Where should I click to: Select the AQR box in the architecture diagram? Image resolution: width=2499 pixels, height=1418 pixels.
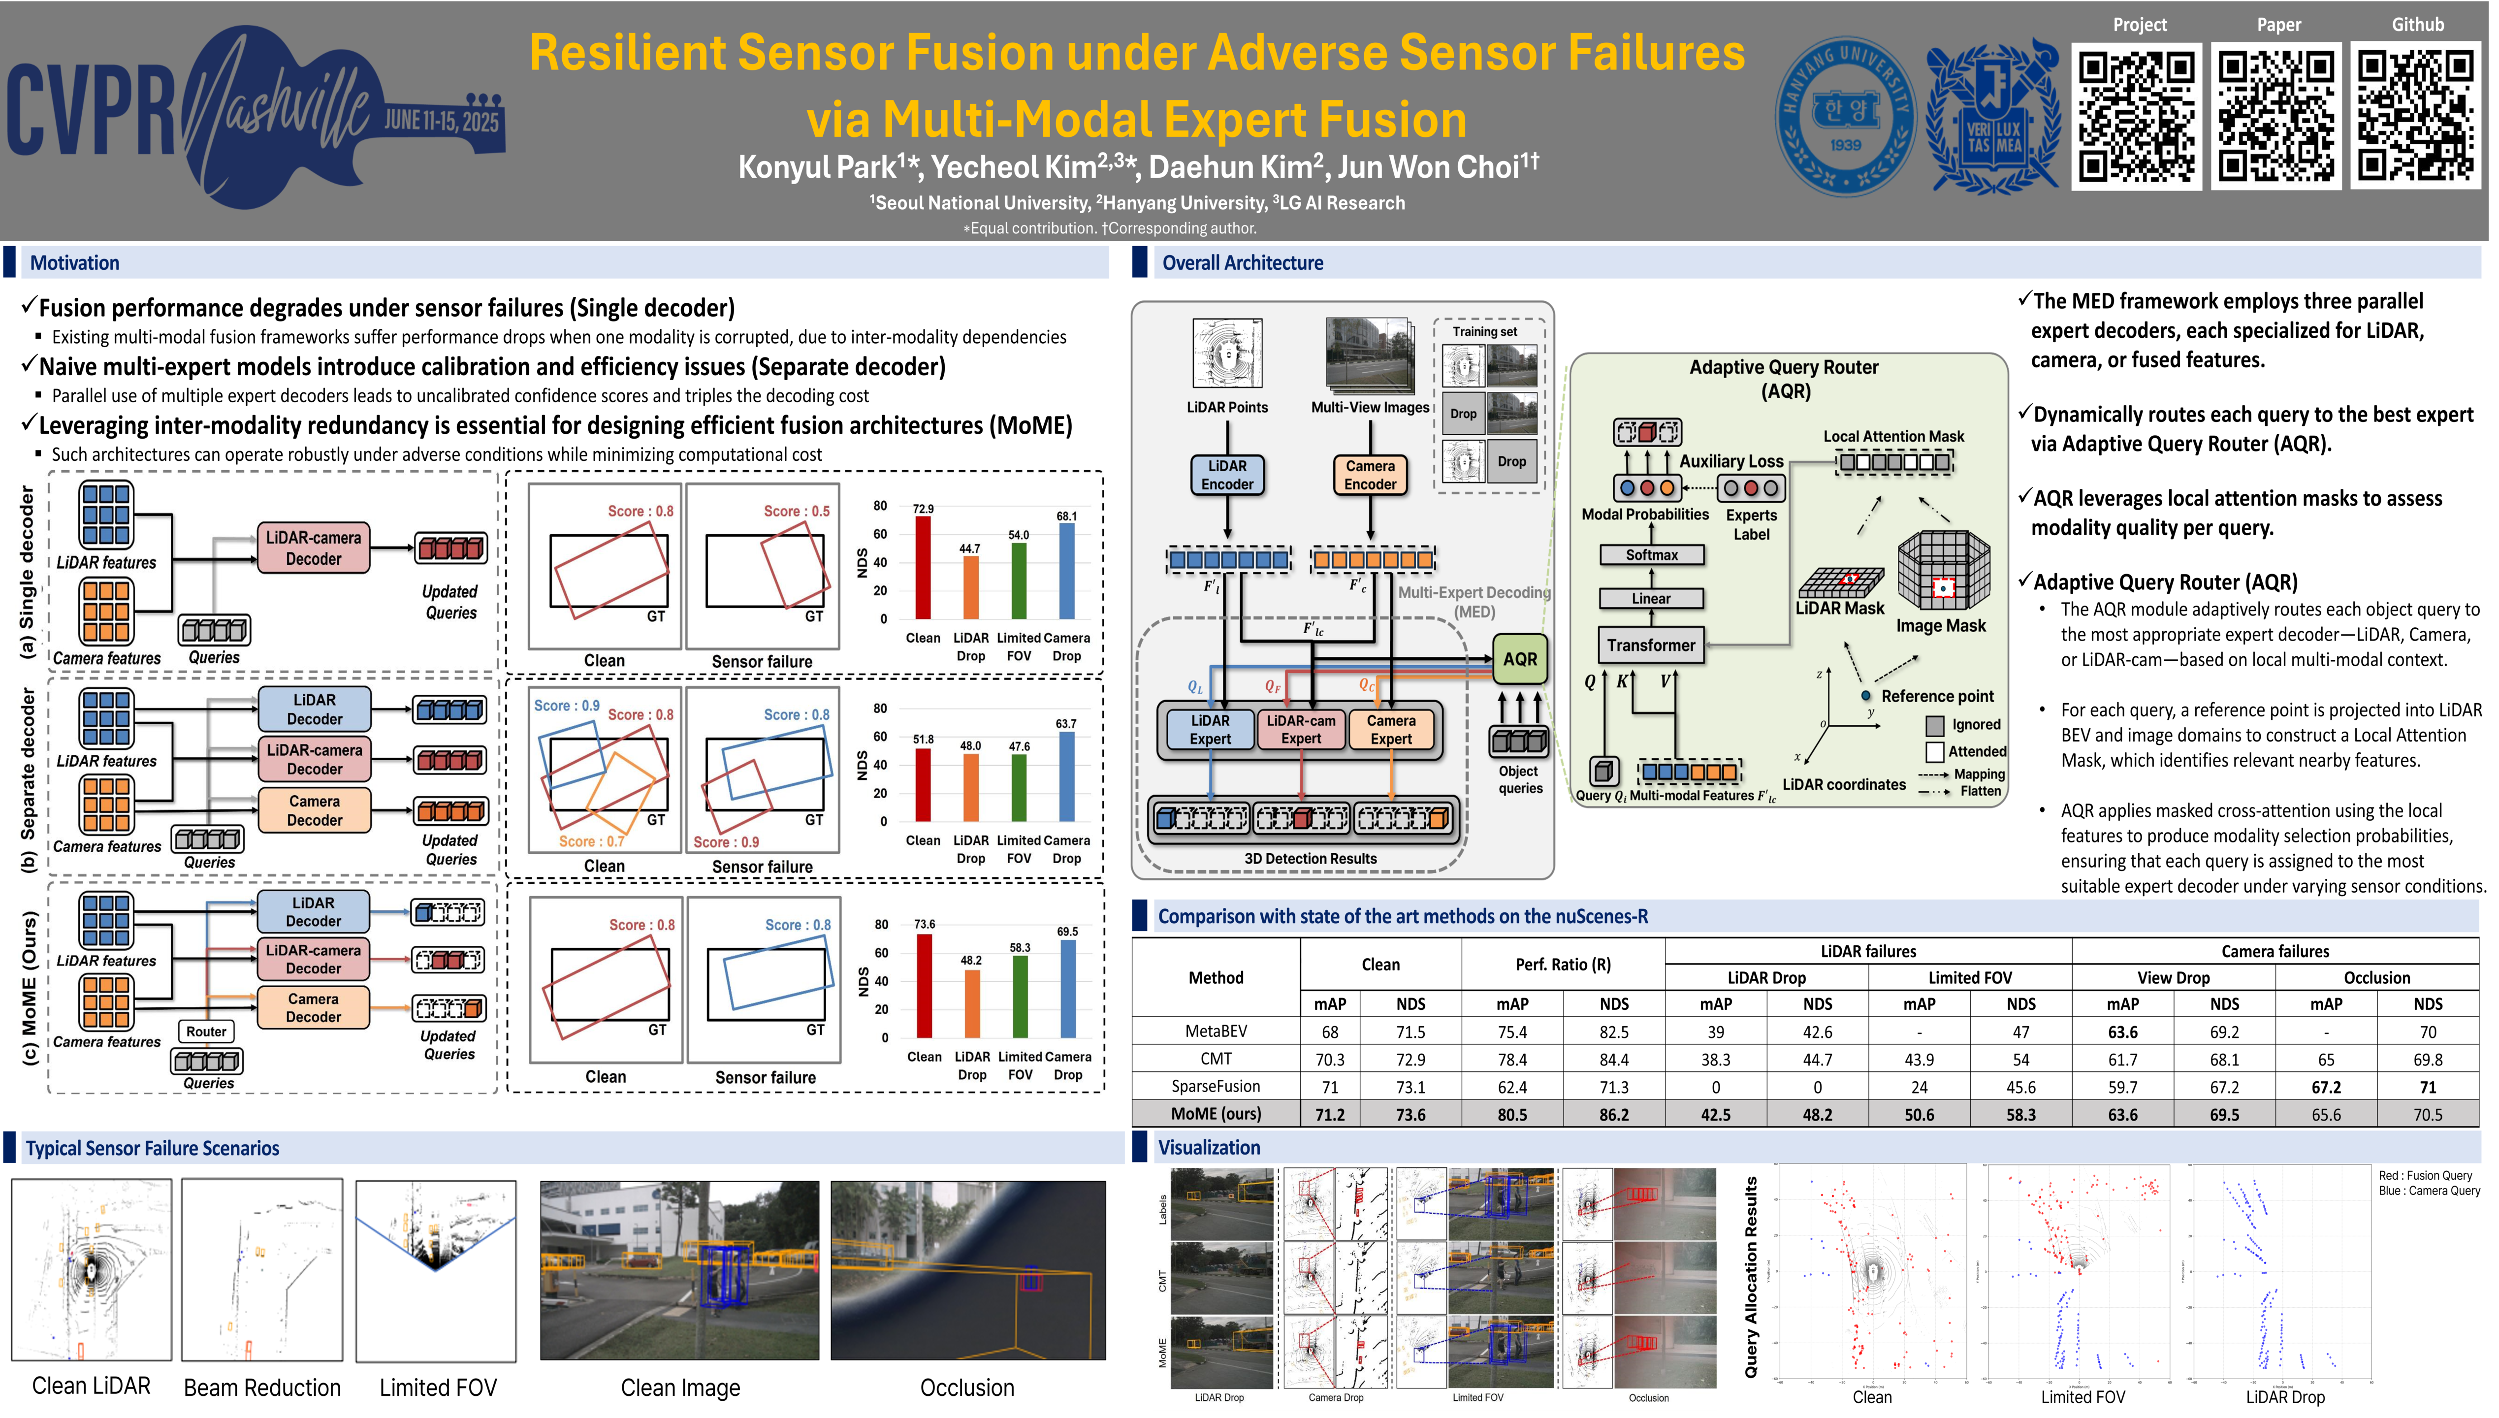(1520, 659)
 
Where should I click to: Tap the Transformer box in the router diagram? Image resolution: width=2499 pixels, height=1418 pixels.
(1651, 645)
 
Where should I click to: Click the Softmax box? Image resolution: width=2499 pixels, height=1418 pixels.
(1651, 555)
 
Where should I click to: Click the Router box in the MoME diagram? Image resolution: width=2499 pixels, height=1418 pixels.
(206, 1031)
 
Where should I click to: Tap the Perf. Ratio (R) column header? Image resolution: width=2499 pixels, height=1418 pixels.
(1563, 964)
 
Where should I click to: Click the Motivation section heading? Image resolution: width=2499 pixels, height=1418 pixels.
(75, 263)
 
